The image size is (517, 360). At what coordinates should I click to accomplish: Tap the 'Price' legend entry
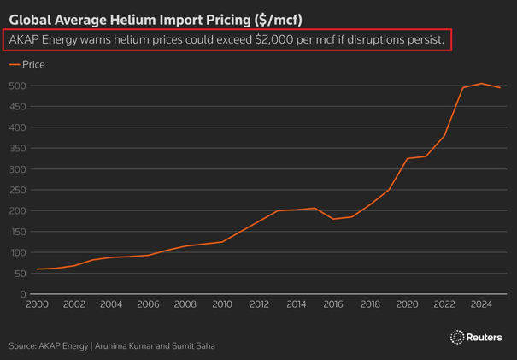click(33, 64)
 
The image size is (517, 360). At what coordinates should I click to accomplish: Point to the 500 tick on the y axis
click(18, 86)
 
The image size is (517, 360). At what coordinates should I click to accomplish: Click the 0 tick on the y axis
click(23, 294)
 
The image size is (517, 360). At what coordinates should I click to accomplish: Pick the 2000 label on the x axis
click(38, 304)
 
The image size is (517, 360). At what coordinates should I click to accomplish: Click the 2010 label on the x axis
click(222, 304)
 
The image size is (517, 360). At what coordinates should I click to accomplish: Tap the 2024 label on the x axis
click(481, 304)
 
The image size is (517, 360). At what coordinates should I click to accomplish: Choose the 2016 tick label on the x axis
click(333, 304)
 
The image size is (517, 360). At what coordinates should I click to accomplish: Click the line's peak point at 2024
click(481, 84)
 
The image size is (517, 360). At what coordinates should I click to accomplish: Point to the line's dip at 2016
click(333, 219)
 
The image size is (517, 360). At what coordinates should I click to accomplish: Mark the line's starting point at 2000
click(38, 269)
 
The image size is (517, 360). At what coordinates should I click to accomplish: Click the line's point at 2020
click(408, 159)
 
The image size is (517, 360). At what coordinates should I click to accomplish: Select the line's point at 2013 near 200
click(278, 210)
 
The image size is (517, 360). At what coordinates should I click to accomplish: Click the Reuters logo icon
click(456, 338)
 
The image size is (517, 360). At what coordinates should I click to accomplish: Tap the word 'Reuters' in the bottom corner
click(485, 338)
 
